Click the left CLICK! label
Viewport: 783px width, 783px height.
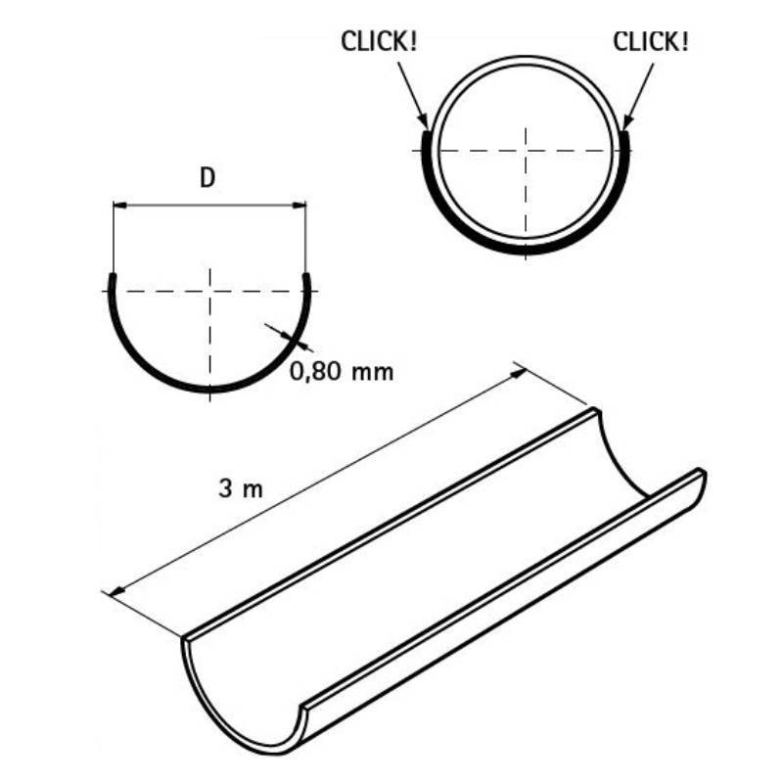[x=379, y=41]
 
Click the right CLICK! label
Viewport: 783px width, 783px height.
[x=651, y=41]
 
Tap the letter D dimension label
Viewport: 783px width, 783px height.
[x=207, y=178]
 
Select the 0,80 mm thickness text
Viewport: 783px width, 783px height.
[x=342, y=372]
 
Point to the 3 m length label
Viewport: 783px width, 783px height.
[x=241, y=488]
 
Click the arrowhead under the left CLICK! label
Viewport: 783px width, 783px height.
[x=424, y=121]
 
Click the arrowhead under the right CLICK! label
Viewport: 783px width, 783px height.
[x=626, y=121]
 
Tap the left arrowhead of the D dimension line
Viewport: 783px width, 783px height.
[x=119, y=205]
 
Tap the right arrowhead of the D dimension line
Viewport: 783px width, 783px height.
[x=299, y=205]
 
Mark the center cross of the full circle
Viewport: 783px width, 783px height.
[x=526, y=151]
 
